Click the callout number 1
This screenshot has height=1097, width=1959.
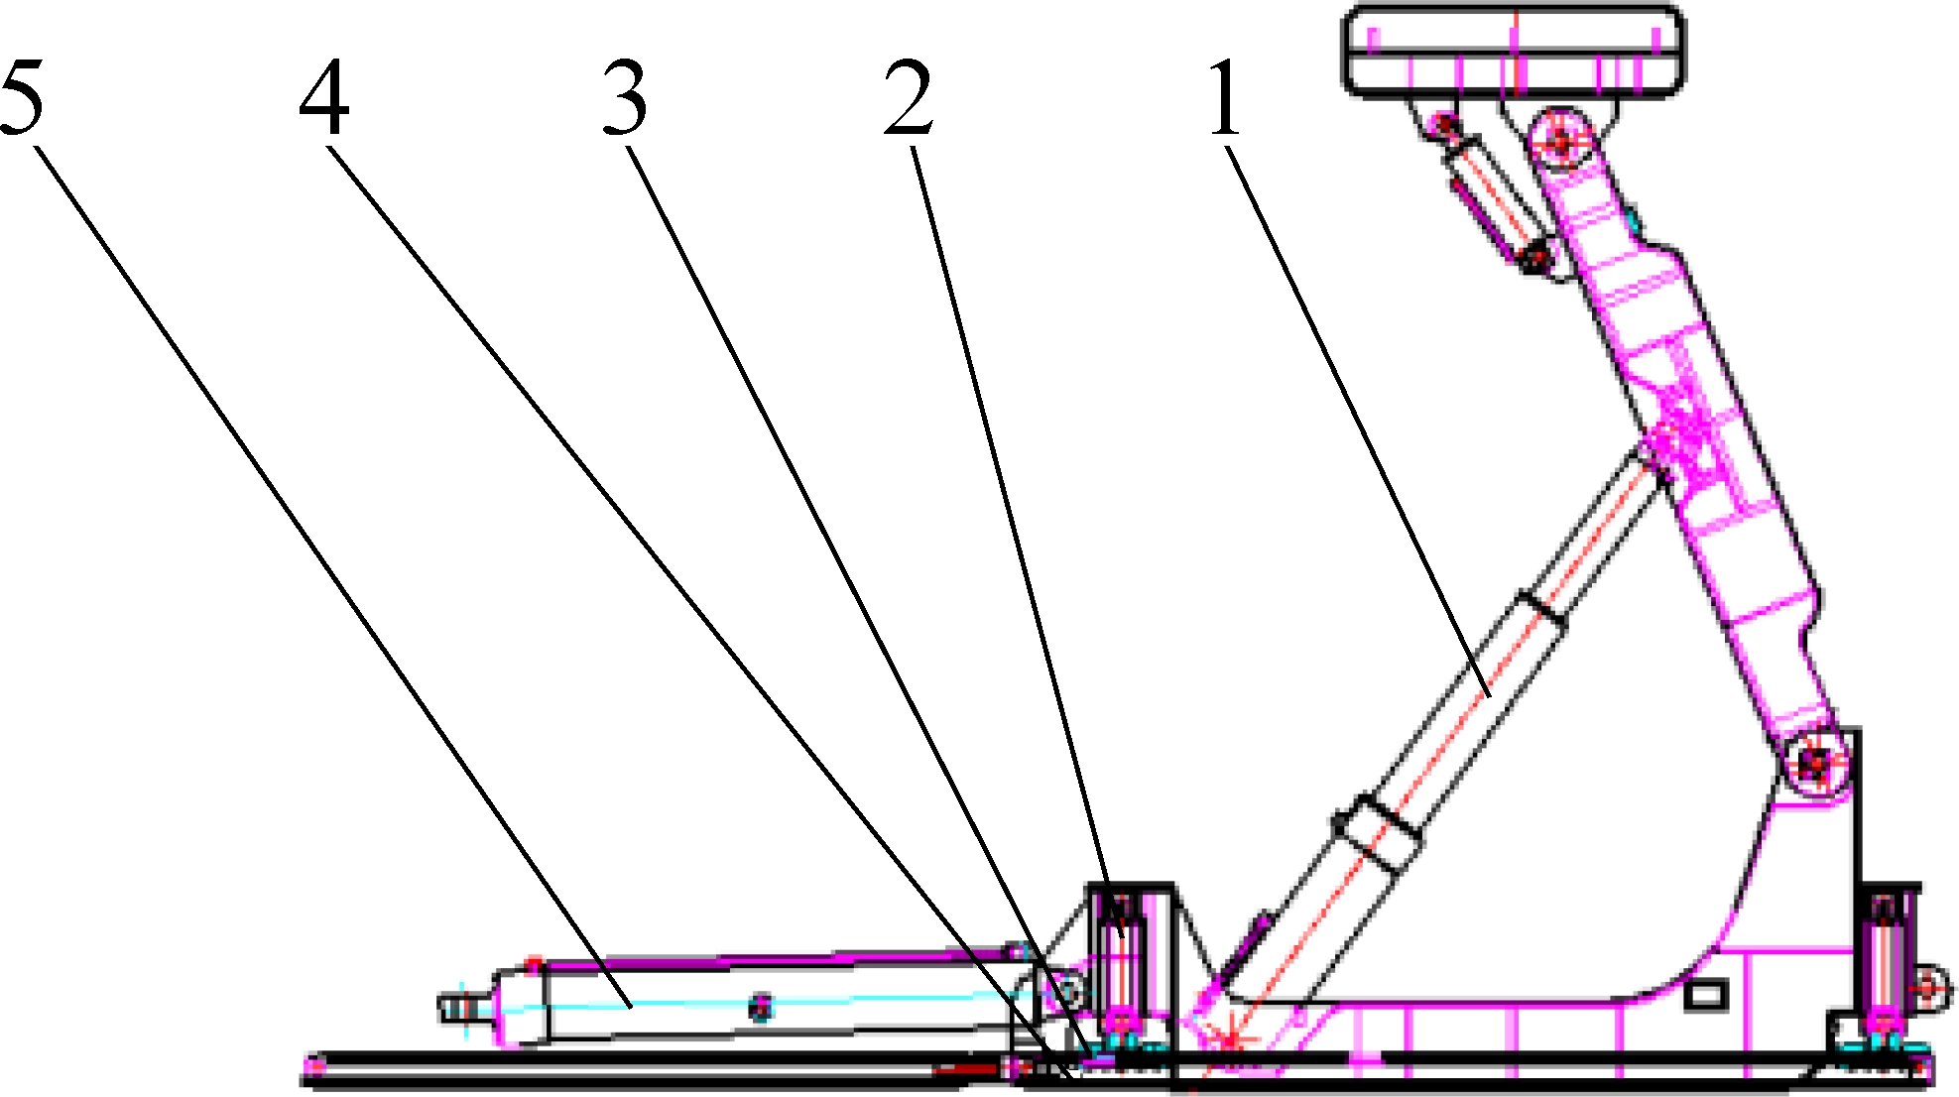point(1226,98)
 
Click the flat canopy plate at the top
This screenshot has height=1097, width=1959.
point(1514,52)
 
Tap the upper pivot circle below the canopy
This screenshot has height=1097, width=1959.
point(1562,141)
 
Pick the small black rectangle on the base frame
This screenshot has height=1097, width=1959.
point(1706,994)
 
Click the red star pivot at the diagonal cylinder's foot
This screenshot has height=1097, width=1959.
point(1230,1040)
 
